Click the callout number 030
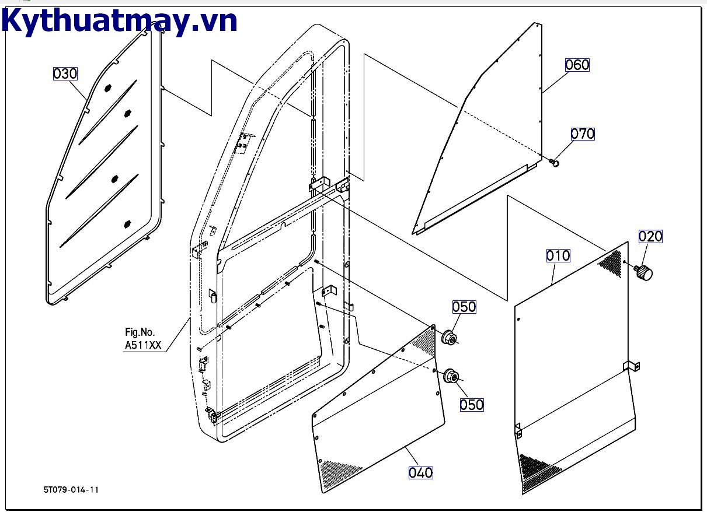(65, 73)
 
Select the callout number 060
(577, 65)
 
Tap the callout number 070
(582, 134)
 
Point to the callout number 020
(650, 236)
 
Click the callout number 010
(558, 255)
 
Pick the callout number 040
(420, 472)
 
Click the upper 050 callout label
(464, 307)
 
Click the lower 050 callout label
(472, 404)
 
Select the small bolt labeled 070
(553, 163)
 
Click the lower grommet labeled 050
(451, 377)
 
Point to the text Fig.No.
(140, 332)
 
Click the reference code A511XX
(142, 345)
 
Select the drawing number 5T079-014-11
(71, 489)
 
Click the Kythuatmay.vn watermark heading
(120, 22)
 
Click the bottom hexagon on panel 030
(127, 223)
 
